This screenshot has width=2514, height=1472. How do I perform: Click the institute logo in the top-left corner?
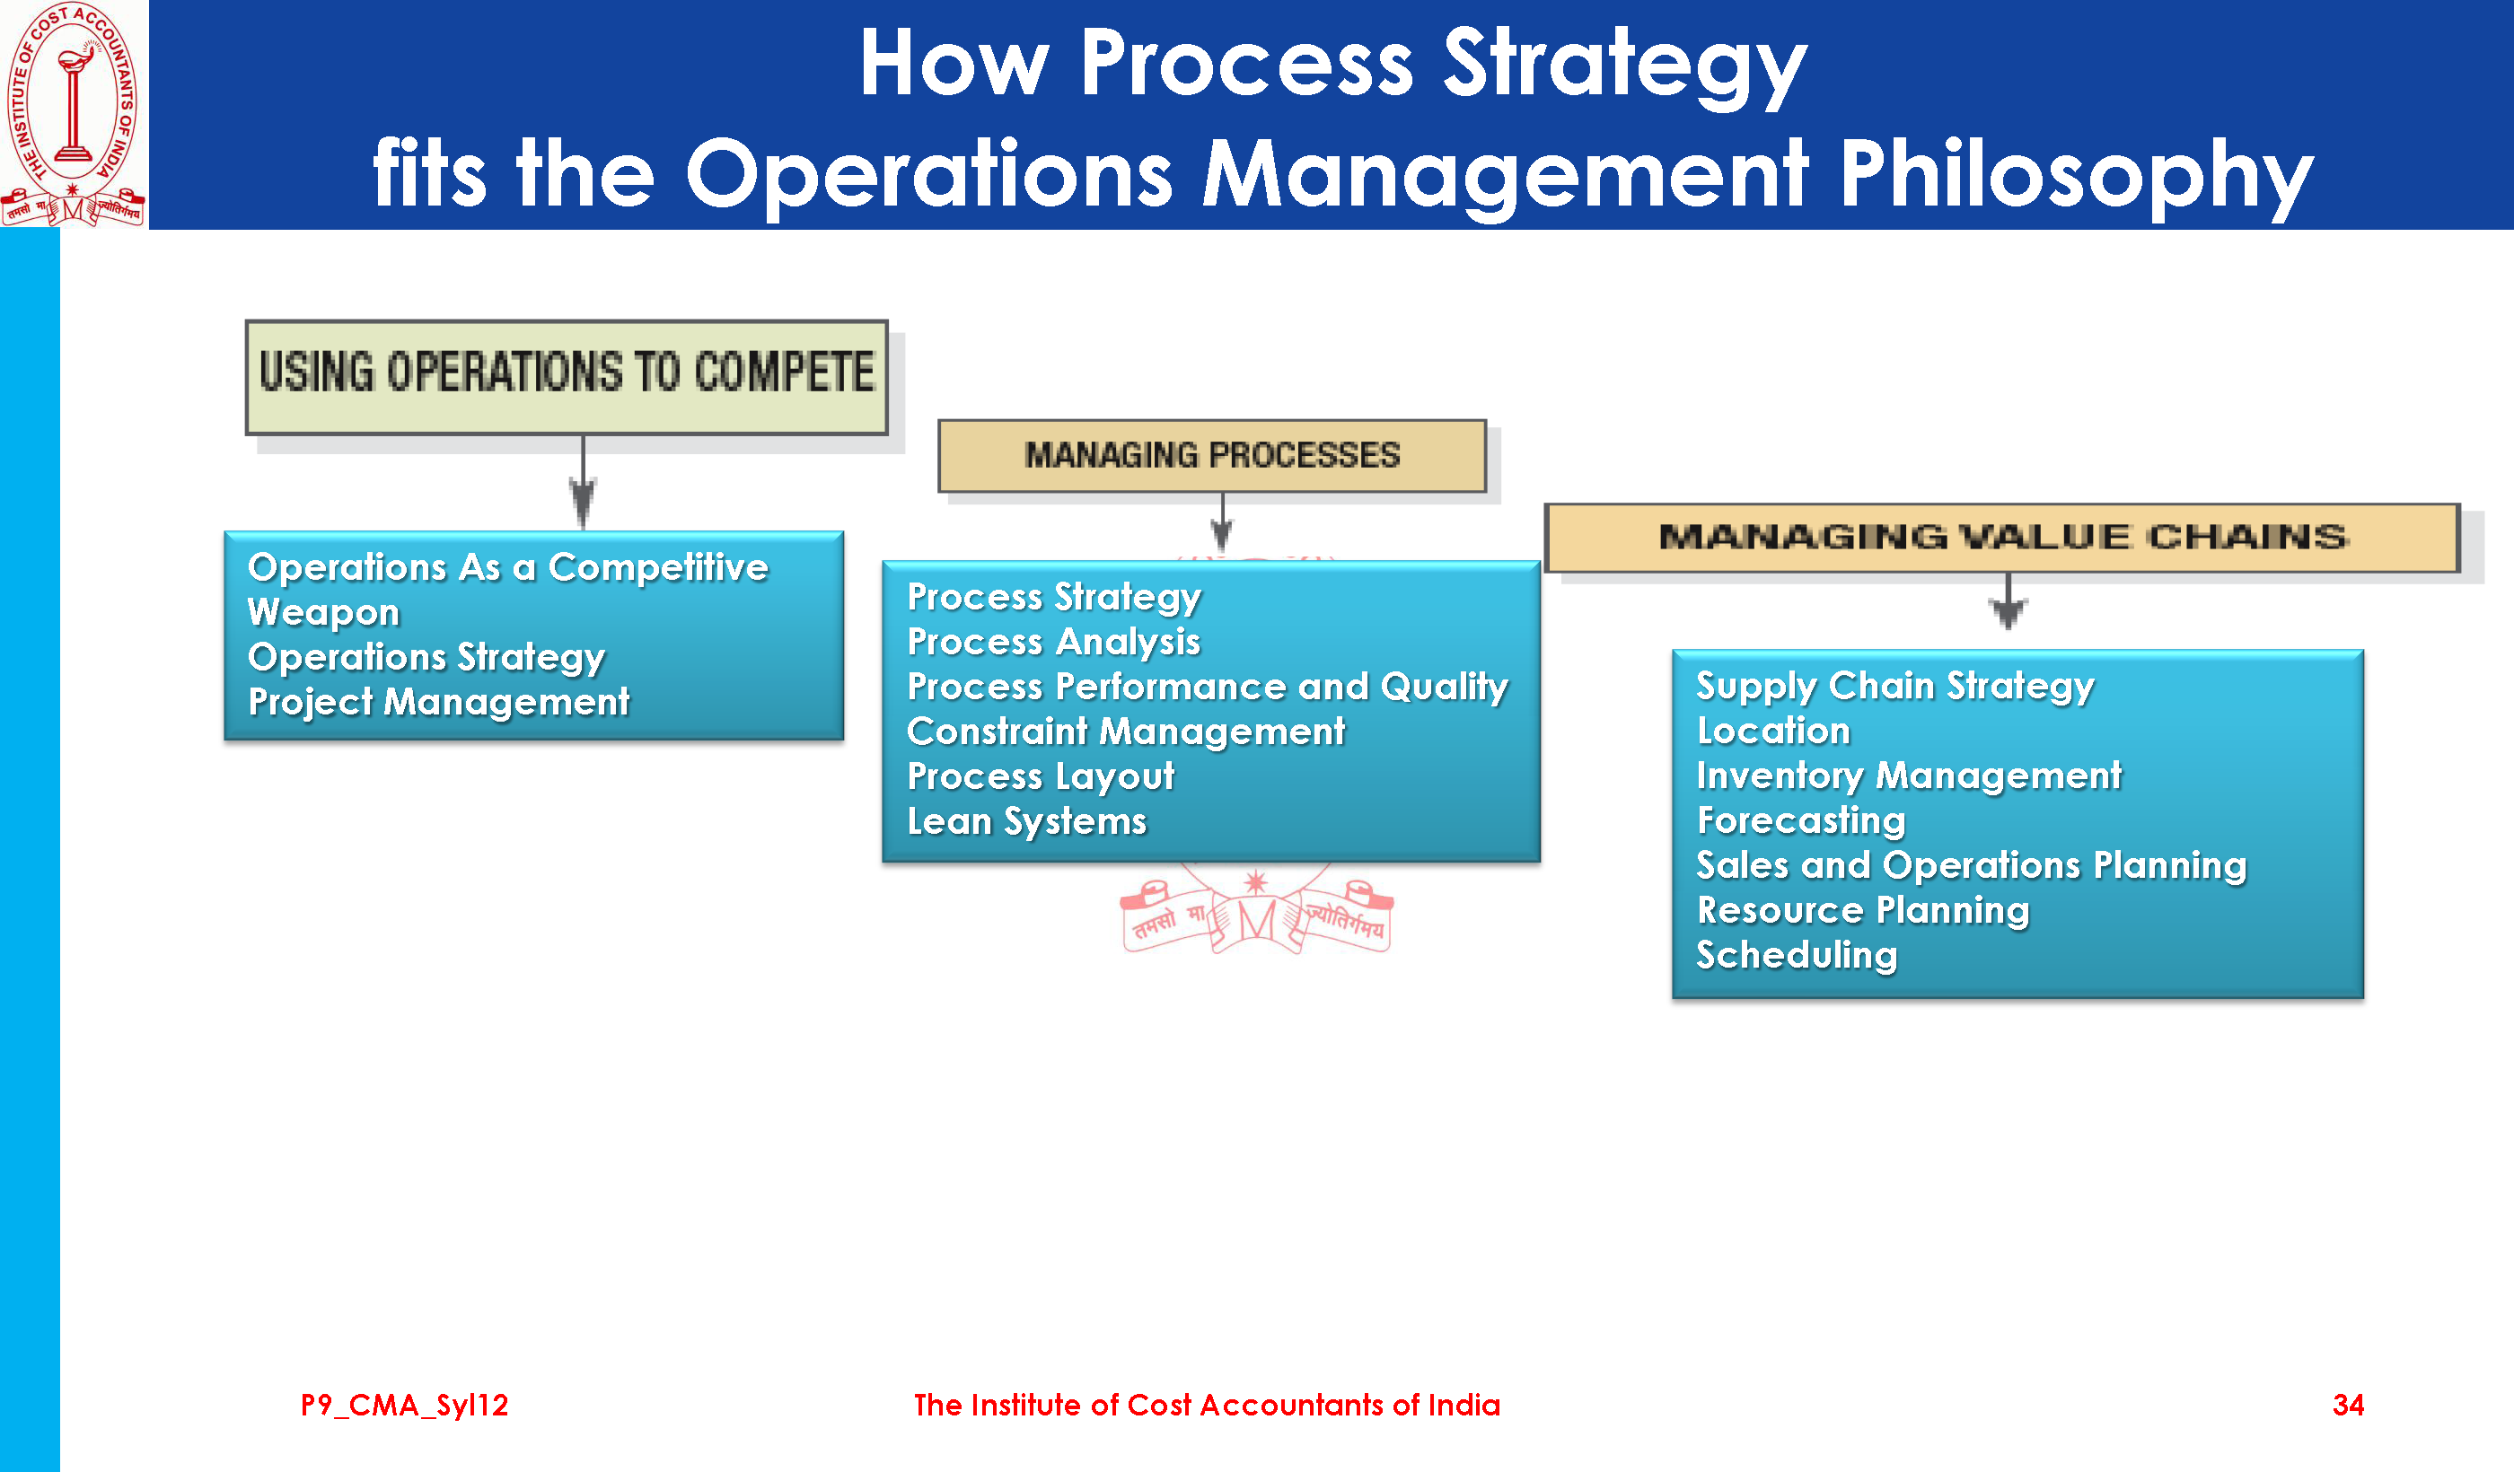74,114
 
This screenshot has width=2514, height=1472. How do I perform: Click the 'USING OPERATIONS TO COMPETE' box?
567,377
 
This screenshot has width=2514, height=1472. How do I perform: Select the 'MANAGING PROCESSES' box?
1212,456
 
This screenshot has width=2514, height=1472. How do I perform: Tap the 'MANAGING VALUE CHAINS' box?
2002,538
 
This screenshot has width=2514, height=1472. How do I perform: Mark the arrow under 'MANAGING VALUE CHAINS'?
2009,600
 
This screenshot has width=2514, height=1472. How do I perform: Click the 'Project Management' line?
439,702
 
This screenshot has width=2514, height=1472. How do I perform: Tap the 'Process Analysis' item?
1053,643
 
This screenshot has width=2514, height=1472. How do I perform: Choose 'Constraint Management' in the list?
1126,732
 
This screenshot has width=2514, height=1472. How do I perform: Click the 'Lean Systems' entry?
1027,822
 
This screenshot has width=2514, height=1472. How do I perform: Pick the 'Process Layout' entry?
1041,777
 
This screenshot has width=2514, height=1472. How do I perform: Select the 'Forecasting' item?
1802,820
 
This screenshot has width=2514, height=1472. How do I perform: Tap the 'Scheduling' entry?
1797,955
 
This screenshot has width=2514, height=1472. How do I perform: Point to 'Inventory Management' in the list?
1910,775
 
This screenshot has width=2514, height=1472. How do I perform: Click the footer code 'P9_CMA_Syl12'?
404,1406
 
